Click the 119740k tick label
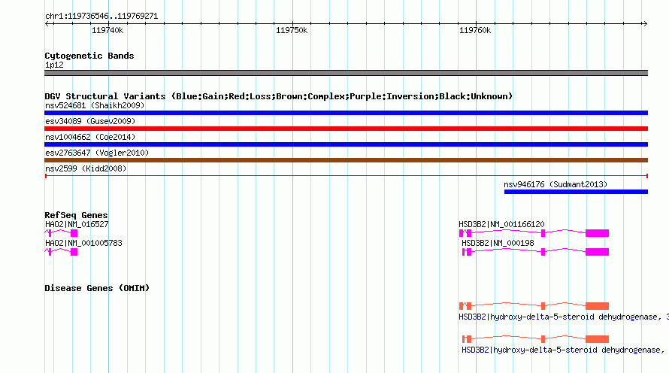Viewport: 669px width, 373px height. point(107,30)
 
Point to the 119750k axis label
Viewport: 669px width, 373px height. point(292,30)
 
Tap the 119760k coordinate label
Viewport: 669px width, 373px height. point(475,30)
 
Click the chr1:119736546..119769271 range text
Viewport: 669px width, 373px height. point(101,17)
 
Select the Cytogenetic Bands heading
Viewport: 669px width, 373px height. point(89,56)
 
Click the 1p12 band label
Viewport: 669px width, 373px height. point(54,65)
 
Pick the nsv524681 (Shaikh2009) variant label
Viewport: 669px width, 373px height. point(95,105)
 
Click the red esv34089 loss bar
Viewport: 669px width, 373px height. point(346,129)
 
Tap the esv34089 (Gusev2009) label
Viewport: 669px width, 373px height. point(90,121)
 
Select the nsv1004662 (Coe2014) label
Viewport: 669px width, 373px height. point(90,137)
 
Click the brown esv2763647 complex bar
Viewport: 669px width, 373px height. point(346,160)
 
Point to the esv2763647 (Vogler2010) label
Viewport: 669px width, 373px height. point(97,153)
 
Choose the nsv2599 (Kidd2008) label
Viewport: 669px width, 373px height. point(86,168)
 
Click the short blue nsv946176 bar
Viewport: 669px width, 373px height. point(576,192)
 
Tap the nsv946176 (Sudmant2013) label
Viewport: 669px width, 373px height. point(555,184)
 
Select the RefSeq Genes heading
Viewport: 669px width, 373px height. point(76,215)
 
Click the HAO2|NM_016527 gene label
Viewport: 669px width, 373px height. point(77,224)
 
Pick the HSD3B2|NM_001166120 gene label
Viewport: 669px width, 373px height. point(501,224)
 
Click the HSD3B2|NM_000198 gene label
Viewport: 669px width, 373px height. point(498,243)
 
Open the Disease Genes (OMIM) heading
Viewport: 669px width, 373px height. point(97,288)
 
